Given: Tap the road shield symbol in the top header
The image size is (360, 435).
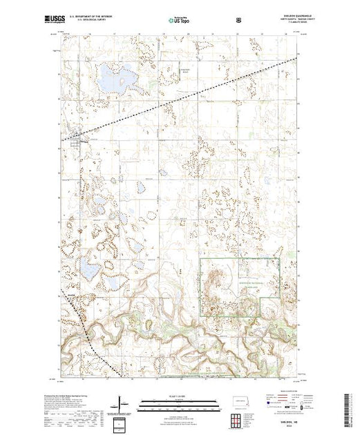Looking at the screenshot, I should click(x=239, y=20).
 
